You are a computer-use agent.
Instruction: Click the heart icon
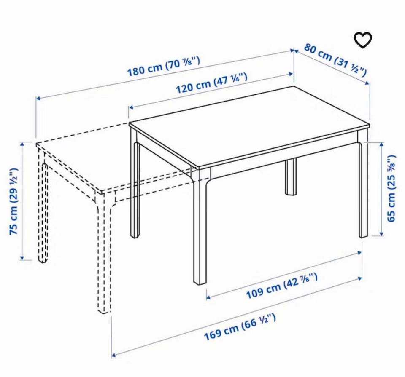[363, 40]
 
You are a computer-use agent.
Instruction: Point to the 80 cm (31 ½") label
[335, 60]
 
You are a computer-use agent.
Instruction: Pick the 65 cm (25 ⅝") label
[391, 188]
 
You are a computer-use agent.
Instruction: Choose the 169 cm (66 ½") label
[240, 326]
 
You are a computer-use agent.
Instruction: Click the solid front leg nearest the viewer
[200, 227]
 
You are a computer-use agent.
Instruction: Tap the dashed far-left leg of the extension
[43, 212]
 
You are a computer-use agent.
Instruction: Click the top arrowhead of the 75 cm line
[22, 144]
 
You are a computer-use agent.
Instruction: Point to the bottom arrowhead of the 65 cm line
[381, 233]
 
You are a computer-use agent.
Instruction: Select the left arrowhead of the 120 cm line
[131, 107]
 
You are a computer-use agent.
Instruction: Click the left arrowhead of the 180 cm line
[38, 98]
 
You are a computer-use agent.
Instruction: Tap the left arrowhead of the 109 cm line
[208, 297]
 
